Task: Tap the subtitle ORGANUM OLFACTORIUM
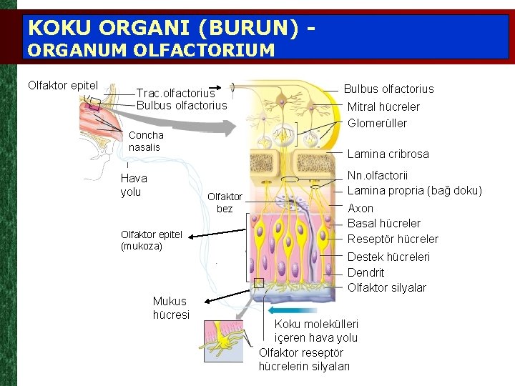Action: point(150,50)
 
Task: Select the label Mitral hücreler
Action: point(383,107)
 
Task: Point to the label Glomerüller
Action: point(377,123)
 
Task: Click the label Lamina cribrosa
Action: point(388,154)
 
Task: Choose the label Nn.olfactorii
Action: point(378,175)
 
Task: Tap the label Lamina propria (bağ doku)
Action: point(414,190)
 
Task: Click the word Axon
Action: point(360,208)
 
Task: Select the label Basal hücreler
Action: point(383,223)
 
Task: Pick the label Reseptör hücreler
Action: point(393,239)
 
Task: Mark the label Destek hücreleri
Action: point(388,257)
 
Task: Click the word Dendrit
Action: point(366,272)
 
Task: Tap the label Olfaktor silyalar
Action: point(386,288)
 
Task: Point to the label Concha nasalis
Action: point(146,141)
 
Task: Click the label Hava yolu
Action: point(134,185)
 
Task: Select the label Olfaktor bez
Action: point(225,202)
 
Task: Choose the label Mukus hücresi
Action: point(171,308)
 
